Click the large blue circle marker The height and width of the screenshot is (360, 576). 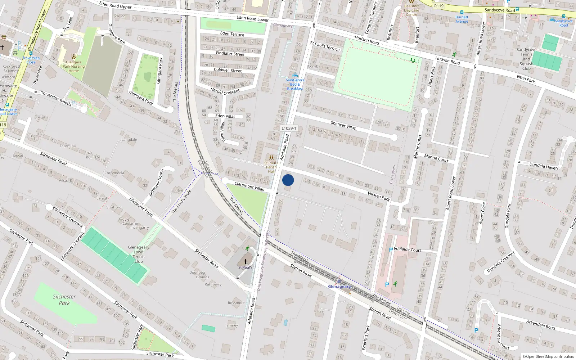[x=288, y=180]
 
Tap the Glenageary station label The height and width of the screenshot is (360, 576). [x=339, y=287]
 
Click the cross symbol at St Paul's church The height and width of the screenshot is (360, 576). [x=246, y=262]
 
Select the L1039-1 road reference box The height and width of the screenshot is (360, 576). [x=289, y=128]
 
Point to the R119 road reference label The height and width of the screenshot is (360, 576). [x=439, y=6]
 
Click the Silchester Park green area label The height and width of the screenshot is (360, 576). [x=64, y=300]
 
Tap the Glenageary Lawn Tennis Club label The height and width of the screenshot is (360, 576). [x=139, y=254]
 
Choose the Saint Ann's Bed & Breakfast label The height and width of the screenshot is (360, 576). [x=295, y=84]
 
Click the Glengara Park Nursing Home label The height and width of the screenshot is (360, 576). [x=73, y=66]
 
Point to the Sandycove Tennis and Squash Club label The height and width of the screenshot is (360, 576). [x=526, y=59]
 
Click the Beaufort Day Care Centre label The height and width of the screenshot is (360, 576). [x=411, y=10]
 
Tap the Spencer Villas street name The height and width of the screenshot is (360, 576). [x=343, y=125]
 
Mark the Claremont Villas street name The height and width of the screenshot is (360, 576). [x=249, y=186]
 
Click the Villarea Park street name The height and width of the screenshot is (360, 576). [x=379, y=196]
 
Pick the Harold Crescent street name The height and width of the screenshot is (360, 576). [x=225, y=91]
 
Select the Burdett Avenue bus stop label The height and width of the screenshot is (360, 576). [x=462, y=19]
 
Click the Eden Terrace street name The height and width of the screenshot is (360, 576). [x=232, y=34]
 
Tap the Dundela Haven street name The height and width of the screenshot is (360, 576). [x=544, y=166]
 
